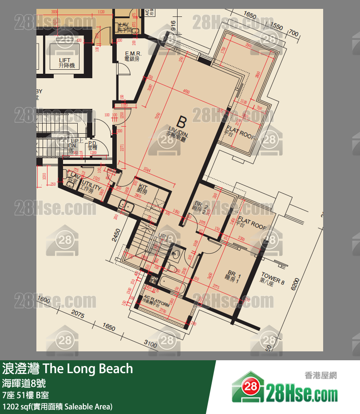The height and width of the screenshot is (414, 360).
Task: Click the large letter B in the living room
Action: [181, 121]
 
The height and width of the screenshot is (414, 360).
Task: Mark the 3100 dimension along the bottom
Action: [150, 344]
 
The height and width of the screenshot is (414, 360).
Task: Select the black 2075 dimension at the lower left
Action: [77, 314]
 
